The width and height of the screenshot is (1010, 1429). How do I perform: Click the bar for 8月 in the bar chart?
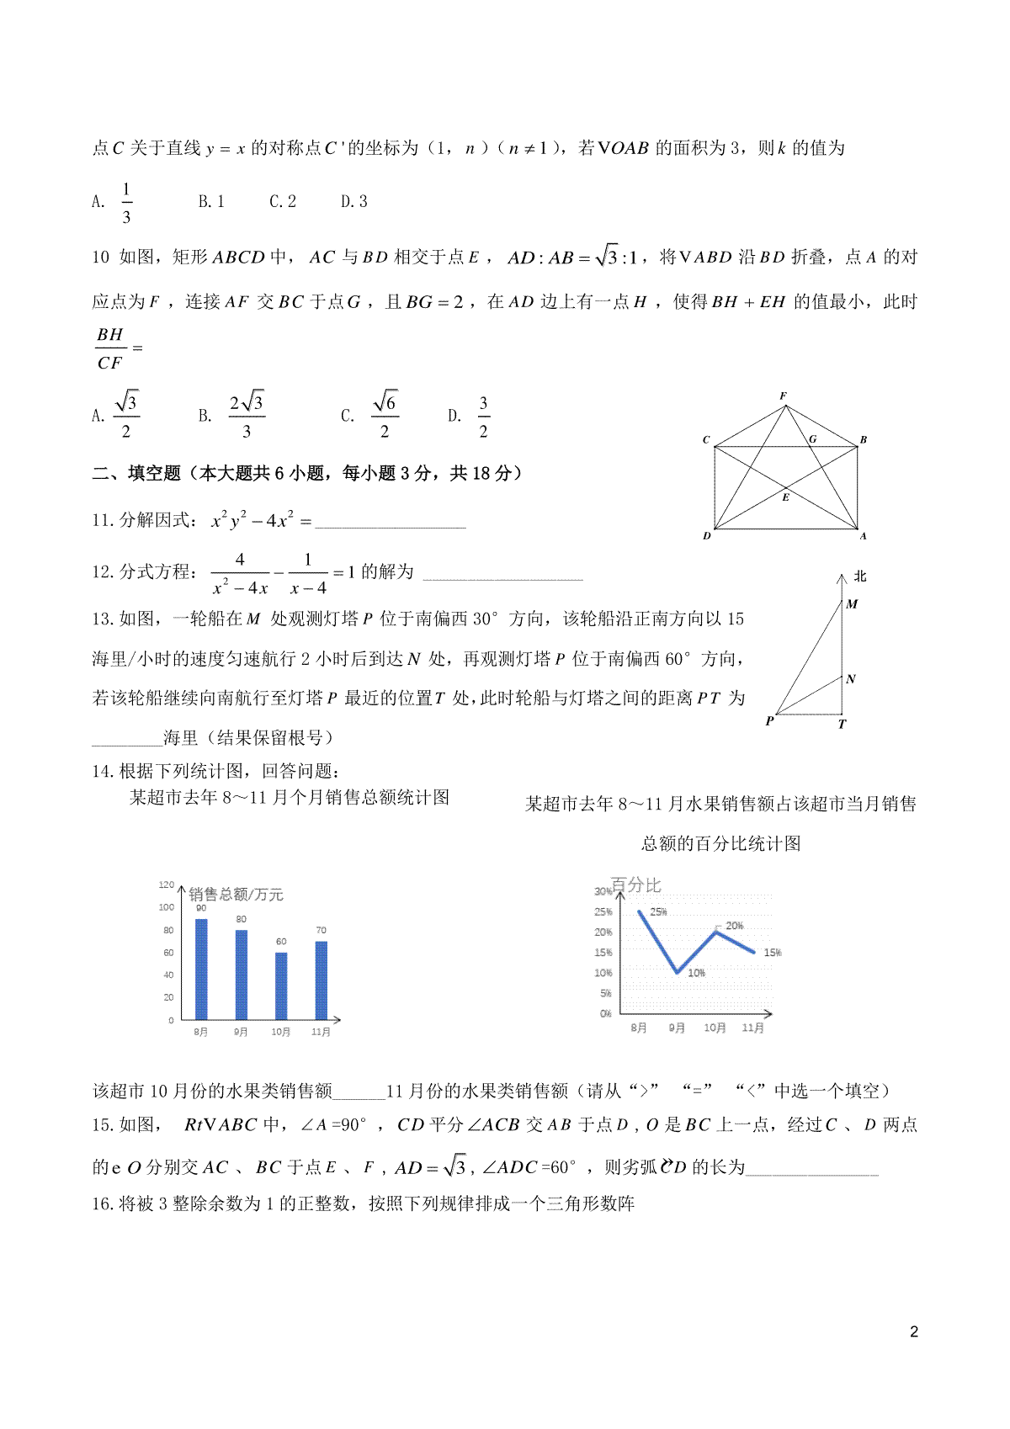pyautogui.click(x=201, y=969)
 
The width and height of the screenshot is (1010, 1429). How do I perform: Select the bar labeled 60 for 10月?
pyautogui.click(x=281, y=985)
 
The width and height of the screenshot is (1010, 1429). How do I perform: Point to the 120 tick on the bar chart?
pyautogui.click(x=166, y=884)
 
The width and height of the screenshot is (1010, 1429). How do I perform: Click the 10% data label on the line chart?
pyautogui.click(x=696, y=973)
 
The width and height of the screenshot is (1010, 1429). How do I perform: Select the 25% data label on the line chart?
pyautogui.click(x=658, y=911)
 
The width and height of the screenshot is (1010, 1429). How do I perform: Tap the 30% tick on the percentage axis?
pyautogui.click(x=603, y=891)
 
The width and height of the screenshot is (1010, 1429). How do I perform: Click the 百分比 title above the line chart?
pyautogui.click(x=635, y=884)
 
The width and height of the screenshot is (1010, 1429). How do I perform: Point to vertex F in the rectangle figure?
pyautogui.click(x=784, y=396)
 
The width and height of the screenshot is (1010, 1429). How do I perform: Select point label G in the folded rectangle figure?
pyautogui.click(x=812, y=438)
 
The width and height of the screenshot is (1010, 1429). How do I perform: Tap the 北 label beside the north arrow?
pyautogui.click(x=859, y=576)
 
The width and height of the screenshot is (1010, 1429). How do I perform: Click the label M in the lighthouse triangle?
pyautogui.click(x=852, y=603)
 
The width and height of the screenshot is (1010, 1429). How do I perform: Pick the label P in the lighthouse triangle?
pyautogui.click(x=769, y=721)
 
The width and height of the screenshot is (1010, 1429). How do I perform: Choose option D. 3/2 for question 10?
pyautogui.click(x=472, y=416)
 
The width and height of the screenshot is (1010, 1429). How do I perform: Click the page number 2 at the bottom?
pyautogui.click(x=914, y=1332)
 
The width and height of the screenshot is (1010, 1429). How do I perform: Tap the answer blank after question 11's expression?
pyautogui.click(x=389, y=522)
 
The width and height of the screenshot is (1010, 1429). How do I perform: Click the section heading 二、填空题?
pyautogui.click(x=136, y=474)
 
